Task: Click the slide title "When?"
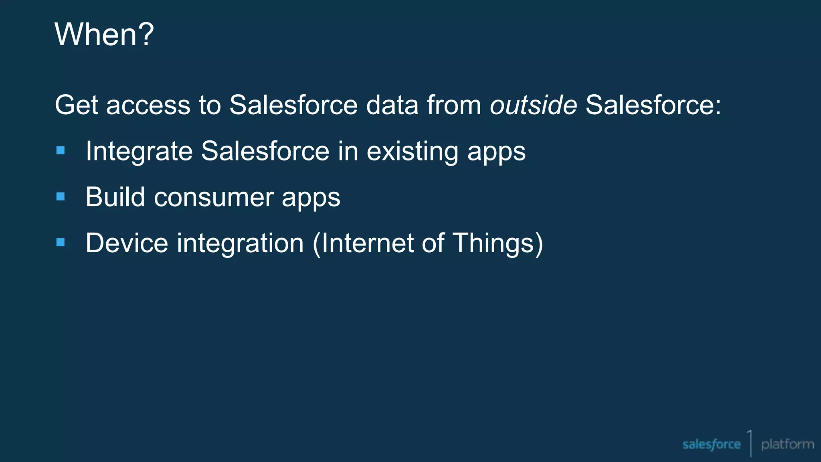pos(104,34)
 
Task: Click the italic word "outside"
pos(533,105)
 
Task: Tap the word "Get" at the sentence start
pos(76,105)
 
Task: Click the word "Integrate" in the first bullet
pos(139,152)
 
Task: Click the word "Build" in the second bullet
pos(115,197)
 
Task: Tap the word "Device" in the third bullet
pos(127,243)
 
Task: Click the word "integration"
pos(240,243)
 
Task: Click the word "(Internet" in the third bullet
pos(362,243)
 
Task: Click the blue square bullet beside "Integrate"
pos(61,151)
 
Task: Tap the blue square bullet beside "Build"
pos(61,197)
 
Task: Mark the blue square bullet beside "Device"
pos(61,242)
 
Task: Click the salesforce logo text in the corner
pos(711,444)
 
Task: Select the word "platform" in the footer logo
pos(787,444)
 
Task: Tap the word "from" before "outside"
pos(453,105)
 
